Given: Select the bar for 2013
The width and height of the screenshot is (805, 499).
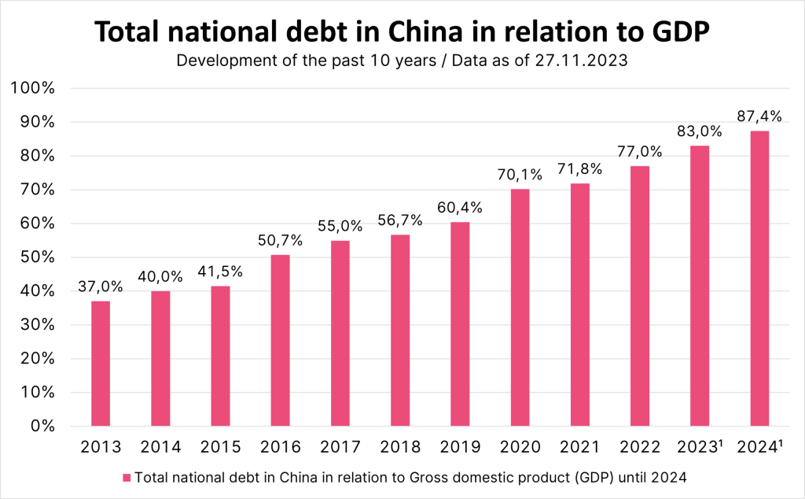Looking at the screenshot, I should [x=101, y=363].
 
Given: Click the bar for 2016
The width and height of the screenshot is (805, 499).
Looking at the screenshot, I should [x=281, y=340].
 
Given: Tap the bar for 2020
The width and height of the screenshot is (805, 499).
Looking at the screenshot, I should [x=520, y=307].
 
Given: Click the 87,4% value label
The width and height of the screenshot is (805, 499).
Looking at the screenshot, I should [x=759, y=116].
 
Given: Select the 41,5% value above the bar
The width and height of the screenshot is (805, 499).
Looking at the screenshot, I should [x=221, y=272].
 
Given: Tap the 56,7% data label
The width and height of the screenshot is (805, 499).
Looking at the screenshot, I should [x=400, y=220].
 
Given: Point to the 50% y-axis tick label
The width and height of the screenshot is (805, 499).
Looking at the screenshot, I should [x=38, y=257].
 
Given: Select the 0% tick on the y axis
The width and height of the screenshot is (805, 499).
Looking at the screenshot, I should [x=42, y=426].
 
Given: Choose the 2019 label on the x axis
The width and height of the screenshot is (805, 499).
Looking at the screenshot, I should [x=460, y=447].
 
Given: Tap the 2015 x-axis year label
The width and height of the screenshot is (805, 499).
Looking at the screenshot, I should [x=221, y=447].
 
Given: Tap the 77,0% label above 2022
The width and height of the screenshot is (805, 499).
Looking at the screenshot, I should [x=639, y=152].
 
